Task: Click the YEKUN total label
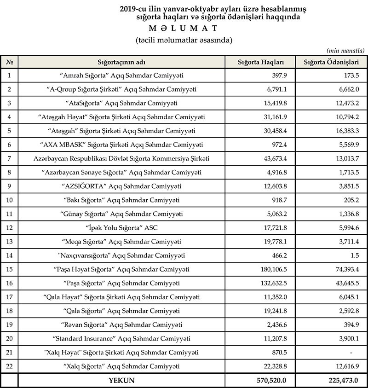tap(121, 381)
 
